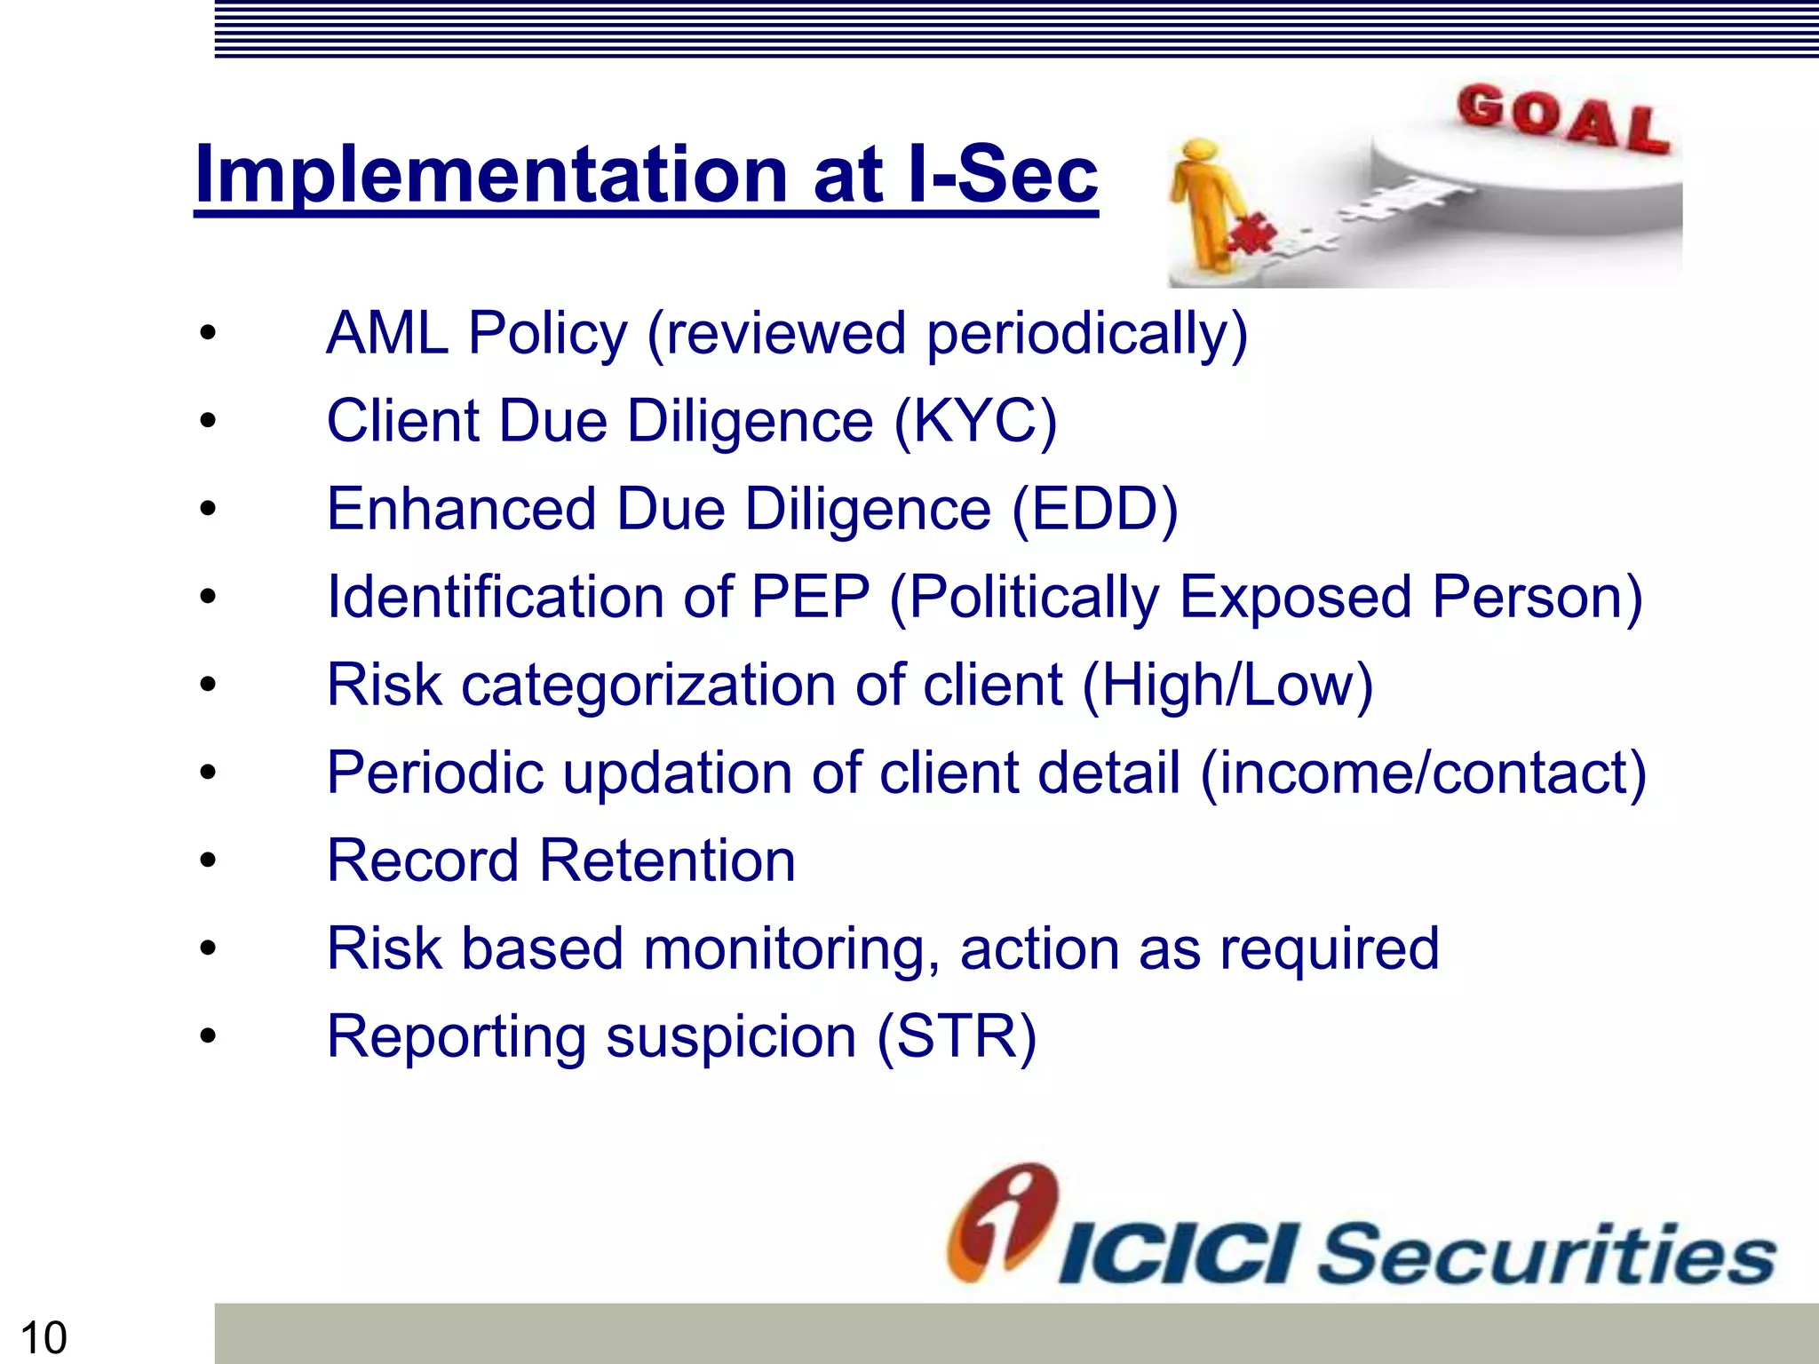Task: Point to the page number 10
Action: coord(43,1337)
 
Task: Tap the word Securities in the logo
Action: coord(1545,1254)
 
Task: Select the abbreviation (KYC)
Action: coord(975,421)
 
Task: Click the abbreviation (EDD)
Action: coord(1094,509)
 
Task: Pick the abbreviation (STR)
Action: coord(957,1036)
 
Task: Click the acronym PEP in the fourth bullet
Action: coord(810,597)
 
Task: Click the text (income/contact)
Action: coord(1423,773)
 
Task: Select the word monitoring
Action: coord(790,949)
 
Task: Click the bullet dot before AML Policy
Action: coord(208,334)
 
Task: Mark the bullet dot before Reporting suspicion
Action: coord(208,1036)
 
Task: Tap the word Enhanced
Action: coord(462,509)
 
